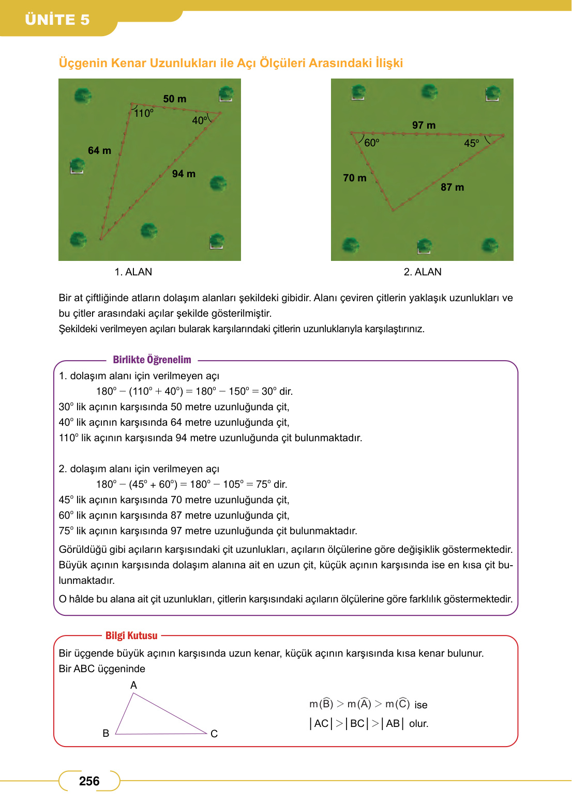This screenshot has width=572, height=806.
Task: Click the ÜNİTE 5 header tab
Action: click(57, 20)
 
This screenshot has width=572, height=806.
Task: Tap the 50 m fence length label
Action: click(175, 99)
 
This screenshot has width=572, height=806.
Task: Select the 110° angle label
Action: click(144, 113)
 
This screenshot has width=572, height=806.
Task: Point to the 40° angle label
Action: click(200, 120)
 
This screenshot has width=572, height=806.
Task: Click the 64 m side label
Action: click(99, 150)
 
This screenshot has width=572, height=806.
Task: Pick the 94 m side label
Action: click(184, 174)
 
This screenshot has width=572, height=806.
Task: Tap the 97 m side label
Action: click(424, 125)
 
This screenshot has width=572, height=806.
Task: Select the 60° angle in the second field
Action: click(372, 143)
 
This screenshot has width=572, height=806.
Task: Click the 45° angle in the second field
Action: click(472, 143)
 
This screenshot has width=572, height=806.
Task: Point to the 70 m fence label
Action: click(355, 178)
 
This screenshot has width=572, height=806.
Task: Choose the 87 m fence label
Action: click(452, 187)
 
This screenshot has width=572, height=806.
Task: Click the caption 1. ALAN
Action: click(133, 272)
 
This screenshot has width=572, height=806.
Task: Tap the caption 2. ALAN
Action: click(423, 272)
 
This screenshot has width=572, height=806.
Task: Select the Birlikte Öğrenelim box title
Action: click(152, 360)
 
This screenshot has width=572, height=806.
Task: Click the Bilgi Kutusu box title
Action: click(131, 636)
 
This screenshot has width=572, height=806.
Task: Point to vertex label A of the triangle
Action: click(133, 685)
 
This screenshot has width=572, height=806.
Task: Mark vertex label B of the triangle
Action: click(106, 733)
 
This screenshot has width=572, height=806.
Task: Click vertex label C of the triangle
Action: click(214, 734)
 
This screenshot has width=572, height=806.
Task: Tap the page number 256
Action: click(89, 781)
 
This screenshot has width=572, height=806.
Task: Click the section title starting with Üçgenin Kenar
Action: click(231, 63)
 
